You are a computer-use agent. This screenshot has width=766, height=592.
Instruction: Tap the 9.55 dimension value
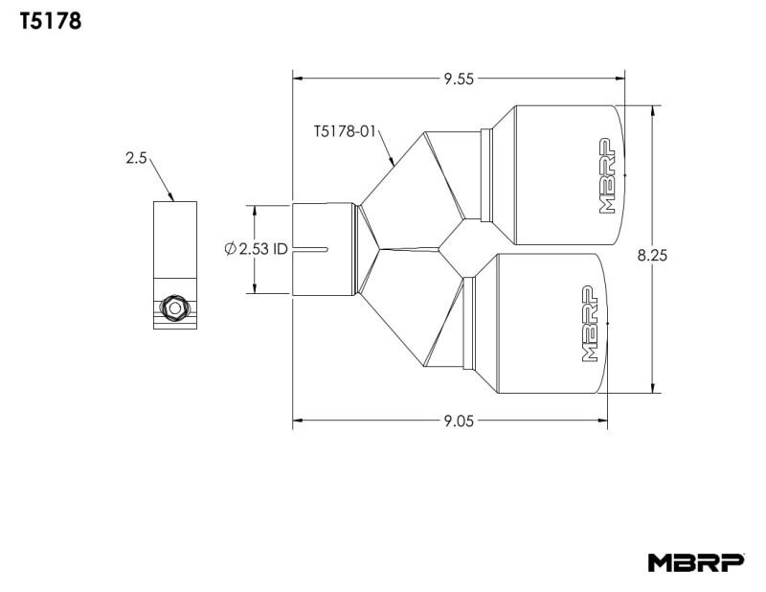click(x=460, y=79)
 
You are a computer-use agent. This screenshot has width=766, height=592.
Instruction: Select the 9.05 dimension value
click(x=460, y=420)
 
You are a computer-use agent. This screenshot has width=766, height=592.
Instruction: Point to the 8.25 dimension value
click(x=652, y=255)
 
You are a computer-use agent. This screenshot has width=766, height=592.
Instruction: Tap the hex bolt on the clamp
click(x=174, y=308)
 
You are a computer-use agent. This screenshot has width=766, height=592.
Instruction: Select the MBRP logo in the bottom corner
click(x=695, y=562)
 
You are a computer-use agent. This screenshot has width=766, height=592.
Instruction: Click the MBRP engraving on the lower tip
click(x=591, y=326)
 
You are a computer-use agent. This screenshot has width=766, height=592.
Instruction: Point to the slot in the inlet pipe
click(x=312, y=249)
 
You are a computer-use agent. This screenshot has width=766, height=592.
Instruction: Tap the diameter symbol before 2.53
click(x=230, y=249)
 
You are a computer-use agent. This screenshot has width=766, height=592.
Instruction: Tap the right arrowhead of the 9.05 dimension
click(x=603, y=420)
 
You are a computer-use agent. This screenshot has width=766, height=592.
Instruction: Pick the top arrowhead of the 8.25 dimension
click(x=653, y=109)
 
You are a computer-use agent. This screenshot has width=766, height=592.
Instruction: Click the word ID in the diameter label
click(x=279, y=249)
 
